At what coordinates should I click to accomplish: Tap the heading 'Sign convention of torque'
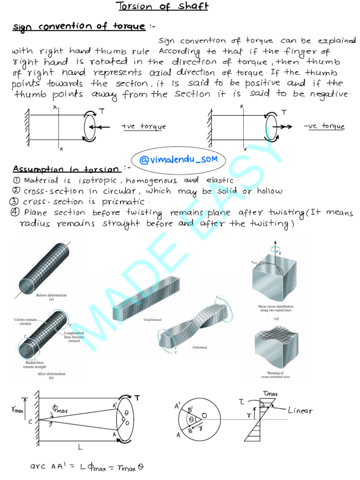79,27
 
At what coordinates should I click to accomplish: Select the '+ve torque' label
143,127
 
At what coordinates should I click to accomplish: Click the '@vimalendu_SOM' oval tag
178,160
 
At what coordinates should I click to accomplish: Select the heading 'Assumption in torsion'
67,169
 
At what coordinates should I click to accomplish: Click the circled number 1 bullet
16,181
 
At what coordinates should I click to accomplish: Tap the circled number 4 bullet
15,213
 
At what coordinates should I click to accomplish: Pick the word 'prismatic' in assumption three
122,202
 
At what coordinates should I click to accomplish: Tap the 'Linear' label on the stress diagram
300,411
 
